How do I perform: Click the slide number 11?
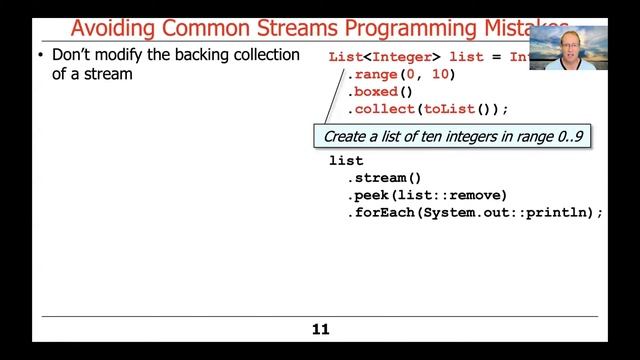coord(320,329)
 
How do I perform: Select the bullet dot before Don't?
coord(40,55)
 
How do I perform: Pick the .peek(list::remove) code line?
coord(427,195)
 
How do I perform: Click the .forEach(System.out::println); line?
coord(475,213)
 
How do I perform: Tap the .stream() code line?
coord(381,178)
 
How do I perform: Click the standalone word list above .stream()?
coord(346,160)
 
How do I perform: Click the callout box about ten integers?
coord(451,135)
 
